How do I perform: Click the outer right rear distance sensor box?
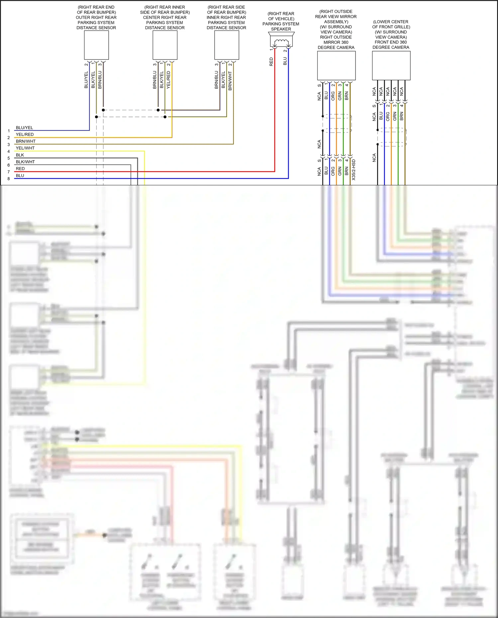96,45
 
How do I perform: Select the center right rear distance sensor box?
165,45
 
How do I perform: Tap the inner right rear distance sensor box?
227,45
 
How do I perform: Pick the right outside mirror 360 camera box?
336,65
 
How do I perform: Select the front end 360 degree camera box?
391,65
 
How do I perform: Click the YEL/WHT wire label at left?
25,148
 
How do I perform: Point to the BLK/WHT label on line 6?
25,162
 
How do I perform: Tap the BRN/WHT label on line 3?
26,141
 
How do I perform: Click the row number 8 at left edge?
9,179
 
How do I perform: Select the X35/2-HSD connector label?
353,170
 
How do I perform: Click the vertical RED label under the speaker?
271,62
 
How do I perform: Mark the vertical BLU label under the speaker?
285,61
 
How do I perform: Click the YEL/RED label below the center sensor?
168,79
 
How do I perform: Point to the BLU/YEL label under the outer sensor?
86,80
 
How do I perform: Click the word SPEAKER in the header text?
281,29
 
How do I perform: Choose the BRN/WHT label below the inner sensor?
230,81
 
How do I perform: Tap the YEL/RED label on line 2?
25,134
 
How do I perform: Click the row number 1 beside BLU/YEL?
9,131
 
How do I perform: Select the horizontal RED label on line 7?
20,169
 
